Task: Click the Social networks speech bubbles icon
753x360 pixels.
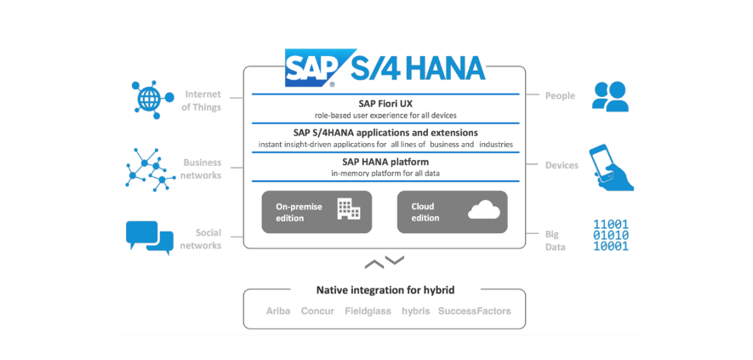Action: (x=150, y=236)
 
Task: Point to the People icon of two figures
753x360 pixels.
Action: (x=610, y=96)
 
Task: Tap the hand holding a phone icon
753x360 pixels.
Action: (x=612, y=167)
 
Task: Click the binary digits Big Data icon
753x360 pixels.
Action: (x=610, y=236)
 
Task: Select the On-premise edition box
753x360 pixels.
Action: (x=317, y=211)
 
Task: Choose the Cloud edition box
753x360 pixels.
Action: (x=452, y=211)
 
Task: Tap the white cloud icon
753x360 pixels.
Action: (x=484, y=209)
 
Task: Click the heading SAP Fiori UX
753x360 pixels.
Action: (x=385, y=103)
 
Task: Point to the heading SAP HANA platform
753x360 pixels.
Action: (x=385, y=161)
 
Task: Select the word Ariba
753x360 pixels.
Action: (x=278, y=311)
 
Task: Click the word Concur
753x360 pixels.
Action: (x=317, y=311)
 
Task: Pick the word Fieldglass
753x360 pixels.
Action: (x=368, y=311)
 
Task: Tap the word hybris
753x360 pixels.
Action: (x=415, y=311)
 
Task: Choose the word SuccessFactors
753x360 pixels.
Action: (x=474, y=311)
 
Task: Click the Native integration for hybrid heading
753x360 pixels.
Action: (x=385, y=289)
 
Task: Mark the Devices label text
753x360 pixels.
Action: (x=562, y=165)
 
